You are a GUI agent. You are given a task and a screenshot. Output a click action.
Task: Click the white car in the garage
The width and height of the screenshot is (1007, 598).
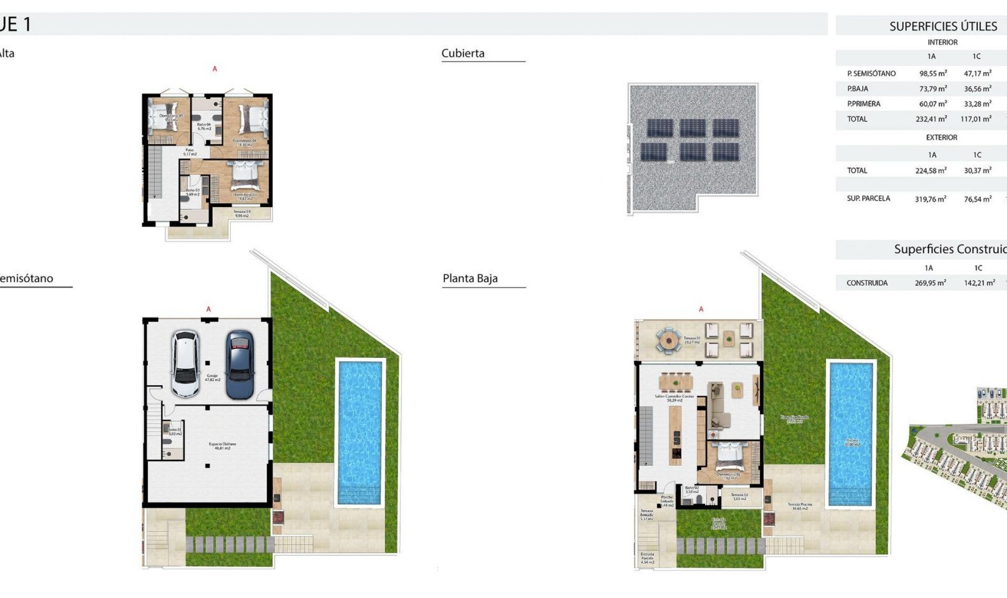(x=186, y=364)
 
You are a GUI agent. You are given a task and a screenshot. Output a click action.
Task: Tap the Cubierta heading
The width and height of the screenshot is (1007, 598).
(x=463, y=54)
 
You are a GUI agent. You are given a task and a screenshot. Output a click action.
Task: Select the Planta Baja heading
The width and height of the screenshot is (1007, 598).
(x=470, y=279)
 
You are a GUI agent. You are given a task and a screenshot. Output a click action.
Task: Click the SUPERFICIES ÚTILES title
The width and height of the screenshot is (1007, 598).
(x=943, y=26)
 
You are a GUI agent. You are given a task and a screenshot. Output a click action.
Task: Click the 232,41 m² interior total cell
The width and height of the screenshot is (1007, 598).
(x=931, y=119)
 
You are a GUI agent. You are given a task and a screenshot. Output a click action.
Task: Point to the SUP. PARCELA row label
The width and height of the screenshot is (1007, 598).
(x=868, y=198)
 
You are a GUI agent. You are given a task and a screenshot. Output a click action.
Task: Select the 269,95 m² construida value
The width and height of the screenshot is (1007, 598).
(x=930, y=283)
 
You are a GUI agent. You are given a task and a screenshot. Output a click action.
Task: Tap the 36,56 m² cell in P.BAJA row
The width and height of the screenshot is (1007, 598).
(x=978, y=89)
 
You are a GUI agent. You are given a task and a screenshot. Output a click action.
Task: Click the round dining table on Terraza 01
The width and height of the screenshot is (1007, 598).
(x=669, y=340)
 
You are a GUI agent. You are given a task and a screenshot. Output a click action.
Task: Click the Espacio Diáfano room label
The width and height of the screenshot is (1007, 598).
(x=222, y=446)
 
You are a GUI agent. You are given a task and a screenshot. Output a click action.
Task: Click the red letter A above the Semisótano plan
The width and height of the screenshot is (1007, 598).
(x=208, y=309)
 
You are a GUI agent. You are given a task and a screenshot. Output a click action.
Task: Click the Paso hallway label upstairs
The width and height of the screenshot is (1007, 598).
(x=189, y=152)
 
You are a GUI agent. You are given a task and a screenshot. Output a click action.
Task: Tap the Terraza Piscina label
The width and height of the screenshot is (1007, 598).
(x=800, y=506)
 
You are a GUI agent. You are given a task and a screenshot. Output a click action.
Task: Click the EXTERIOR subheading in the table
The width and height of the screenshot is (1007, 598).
(x=941, y=137)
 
